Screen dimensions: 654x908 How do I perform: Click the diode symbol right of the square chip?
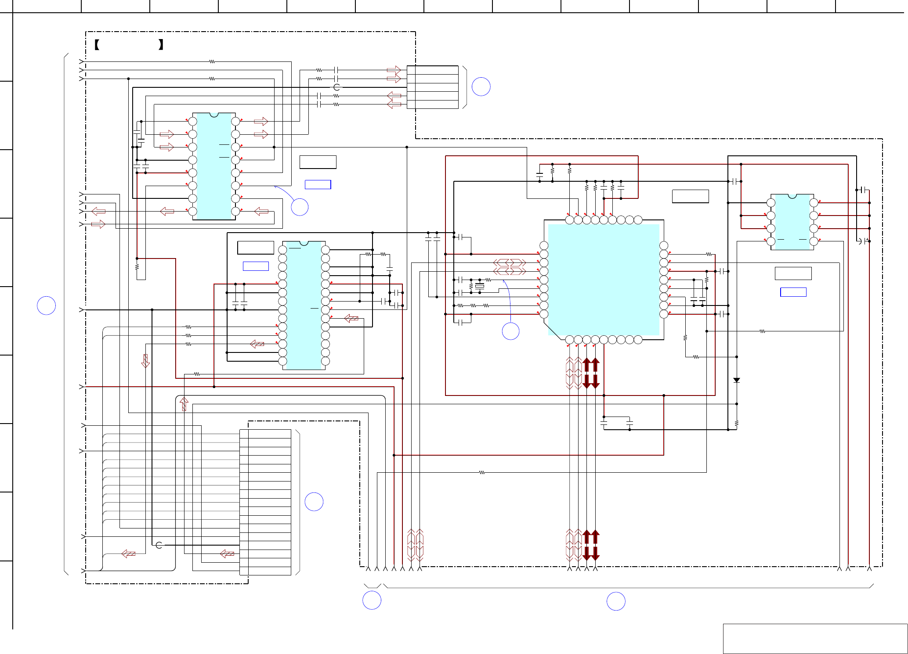pos(737,380)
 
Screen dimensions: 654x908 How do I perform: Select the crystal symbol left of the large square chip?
pos(479,286)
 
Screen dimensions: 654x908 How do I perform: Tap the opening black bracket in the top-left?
pos(97,44)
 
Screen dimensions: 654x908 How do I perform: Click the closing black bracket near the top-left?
pos(161,44)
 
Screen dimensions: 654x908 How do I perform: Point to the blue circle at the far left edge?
pos(46,305)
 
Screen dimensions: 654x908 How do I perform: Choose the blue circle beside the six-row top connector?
pos(481,86)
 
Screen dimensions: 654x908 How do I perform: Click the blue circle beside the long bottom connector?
pos(314,502)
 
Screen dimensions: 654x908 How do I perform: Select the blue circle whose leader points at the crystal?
pos(510,331)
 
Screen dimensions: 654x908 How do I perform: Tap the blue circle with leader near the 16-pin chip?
pos(300,207)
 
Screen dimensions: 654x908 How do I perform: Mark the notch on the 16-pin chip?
pos(214,115)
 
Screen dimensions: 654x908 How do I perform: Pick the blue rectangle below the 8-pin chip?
pos(793,292)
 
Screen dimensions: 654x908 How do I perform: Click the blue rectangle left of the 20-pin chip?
pos(256,266)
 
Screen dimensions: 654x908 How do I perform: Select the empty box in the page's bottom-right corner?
pos(815,638)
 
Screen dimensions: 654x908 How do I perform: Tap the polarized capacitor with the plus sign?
pos(865,241)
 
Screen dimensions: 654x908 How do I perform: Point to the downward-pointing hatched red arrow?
pos(145,361)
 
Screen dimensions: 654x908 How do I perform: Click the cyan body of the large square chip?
pos(604,280)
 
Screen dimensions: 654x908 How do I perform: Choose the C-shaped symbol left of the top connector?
pos(336,87)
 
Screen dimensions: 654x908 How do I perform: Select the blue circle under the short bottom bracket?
pos(372,600)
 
